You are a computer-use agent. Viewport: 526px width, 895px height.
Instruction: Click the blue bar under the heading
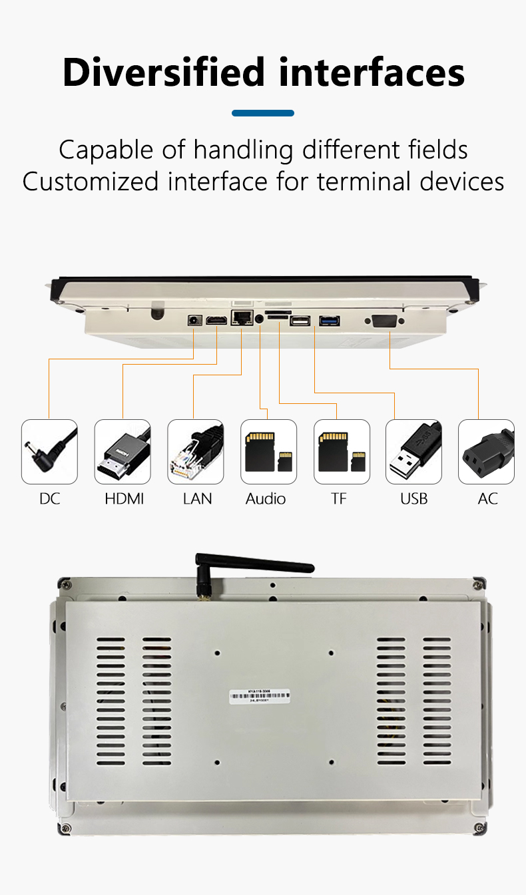(x=263, y=113)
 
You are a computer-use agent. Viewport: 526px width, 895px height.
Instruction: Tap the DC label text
(x=49, y=498)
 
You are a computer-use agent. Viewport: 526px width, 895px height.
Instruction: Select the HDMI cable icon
(x=123, y=452)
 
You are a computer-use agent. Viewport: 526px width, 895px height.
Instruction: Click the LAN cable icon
(x=195, y=452)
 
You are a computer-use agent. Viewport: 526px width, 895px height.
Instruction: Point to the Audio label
(x=265, y=498)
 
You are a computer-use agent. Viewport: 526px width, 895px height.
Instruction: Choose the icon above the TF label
(x=342, y=452)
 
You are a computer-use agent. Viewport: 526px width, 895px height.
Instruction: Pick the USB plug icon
(x=413, y=452)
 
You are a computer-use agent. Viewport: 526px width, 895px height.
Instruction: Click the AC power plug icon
(x=486, y=452)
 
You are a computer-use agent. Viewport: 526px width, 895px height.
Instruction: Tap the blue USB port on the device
(x=330, y=321)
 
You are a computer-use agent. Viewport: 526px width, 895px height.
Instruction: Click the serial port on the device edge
(x=384, y=321)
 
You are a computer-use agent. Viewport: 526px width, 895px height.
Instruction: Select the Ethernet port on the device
(x=241, y=318)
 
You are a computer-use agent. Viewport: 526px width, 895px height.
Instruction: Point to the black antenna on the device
(x=253, y=566)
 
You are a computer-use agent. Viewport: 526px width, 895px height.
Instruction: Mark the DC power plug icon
(x=49, y=452)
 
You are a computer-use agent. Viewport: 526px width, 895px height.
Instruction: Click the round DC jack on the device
(x=195, y=320)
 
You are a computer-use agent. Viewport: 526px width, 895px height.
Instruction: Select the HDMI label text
(x=125, y=498)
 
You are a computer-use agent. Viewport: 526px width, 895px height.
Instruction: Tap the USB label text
(x=413, y=498)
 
